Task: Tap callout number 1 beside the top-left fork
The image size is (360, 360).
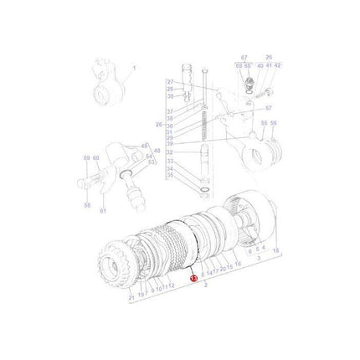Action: [x=134, y=68]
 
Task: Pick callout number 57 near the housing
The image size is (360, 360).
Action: [x=270, y=108]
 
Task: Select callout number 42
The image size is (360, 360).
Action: [x=278, y=65]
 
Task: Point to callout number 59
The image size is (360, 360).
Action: [x=85, y=157]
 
